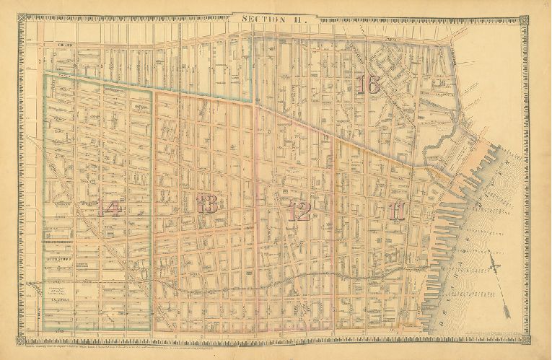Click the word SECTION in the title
click(x=263, y=19)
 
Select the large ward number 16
click(x=368, y=84)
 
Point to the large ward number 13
click(x=208, y=204)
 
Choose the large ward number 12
click(x=299, y=211)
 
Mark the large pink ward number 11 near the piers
click(x=397, y=211)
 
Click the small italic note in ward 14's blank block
click(x=59, y=290)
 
